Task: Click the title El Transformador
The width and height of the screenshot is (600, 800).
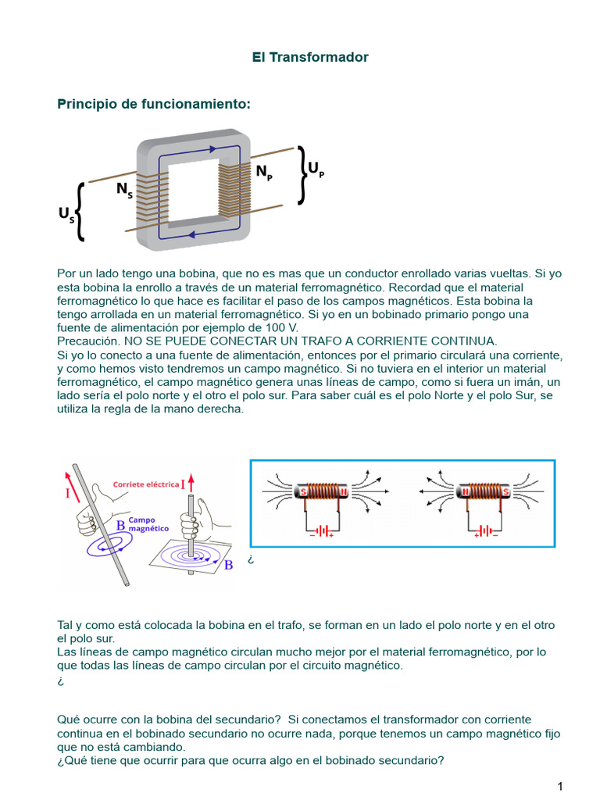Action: [310, 57]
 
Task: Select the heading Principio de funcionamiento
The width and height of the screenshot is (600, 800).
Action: [154, 104]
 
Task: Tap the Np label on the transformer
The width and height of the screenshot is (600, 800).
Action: [264, 172]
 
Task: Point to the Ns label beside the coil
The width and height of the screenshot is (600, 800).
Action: [123, 189]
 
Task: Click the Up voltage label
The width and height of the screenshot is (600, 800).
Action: [315, 169]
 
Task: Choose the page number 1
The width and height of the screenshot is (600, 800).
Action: [560, 785]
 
